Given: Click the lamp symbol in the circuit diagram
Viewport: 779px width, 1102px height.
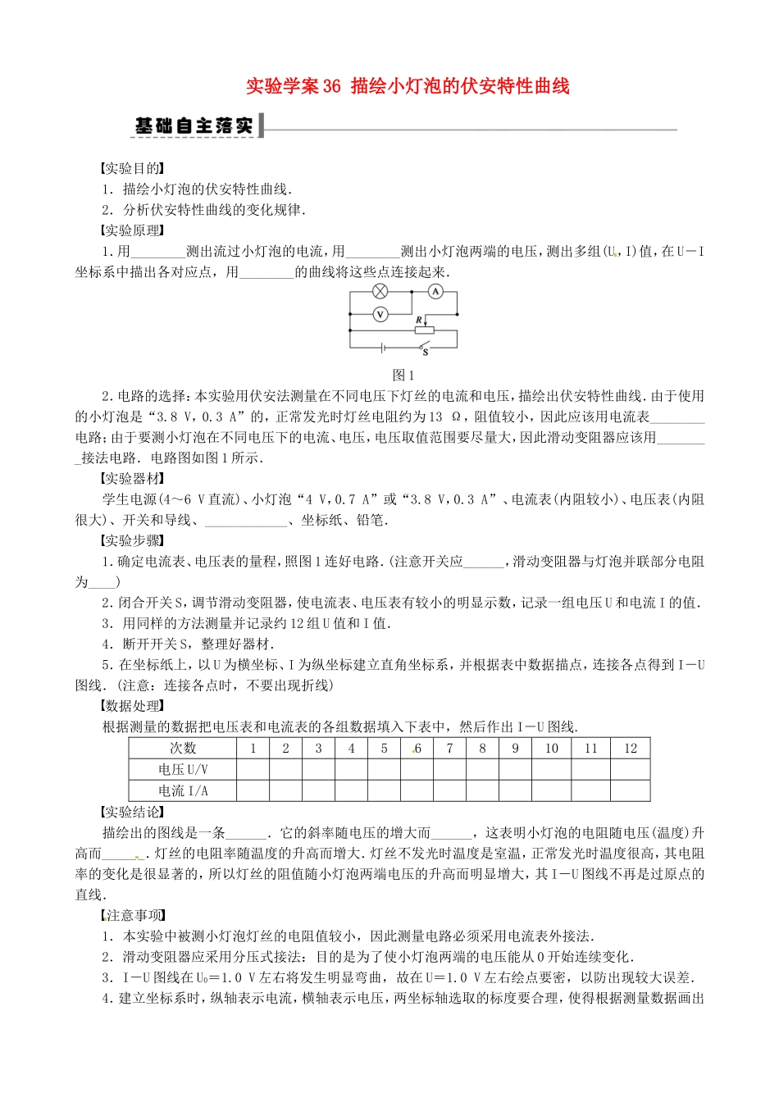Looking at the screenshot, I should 380,292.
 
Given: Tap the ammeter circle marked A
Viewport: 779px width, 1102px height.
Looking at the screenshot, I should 436,292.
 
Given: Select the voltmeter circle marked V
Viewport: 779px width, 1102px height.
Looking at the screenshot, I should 380,314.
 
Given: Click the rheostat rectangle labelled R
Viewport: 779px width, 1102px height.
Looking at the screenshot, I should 424,330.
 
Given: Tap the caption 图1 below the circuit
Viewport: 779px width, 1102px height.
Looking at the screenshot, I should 403,375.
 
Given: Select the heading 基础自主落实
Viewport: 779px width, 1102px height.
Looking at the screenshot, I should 194,126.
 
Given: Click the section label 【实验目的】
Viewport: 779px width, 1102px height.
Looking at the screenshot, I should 132,169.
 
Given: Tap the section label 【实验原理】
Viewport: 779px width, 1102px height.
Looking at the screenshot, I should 132,230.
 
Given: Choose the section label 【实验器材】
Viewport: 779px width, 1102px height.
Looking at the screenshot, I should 132,478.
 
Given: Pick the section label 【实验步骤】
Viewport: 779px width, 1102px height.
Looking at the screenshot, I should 132,540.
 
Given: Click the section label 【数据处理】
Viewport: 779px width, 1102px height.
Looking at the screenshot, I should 132,705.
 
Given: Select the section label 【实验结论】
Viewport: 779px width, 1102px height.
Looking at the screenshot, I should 132,812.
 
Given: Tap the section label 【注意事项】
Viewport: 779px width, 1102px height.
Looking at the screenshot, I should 132,915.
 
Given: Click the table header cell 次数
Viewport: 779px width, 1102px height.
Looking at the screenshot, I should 183,748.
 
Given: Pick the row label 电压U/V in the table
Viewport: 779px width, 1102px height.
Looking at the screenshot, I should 183,769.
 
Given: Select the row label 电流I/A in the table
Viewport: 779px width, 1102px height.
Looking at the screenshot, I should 183,790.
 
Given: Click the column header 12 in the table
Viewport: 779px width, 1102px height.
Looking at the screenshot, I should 630,748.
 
